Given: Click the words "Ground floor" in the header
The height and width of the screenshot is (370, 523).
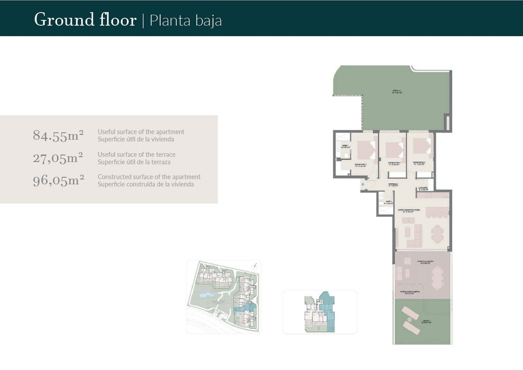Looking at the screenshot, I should point(85,20).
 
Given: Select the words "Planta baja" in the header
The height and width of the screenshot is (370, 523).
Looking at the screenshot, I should point(186,21).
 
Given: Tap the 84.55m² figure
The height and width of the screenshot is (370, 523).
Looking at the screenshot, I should point(58,136).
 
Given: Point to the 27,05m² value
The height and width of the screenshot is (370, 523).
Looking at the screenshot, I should point(58,158).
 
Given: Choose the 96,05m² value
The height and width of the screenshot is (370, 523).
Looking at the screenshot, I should point(58,180).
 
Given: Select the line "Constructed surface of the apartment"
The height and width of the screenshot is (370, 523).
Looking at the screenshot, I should point(149,177).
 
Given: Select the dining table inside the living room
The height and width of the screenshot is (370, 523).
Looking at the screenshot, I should point(436,233).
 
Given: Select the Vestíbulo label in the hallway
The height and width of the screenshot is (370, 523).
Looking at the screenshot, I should point(394,185).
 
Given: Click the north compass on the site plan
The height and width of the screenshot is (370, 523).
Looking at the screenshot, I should point(254,265).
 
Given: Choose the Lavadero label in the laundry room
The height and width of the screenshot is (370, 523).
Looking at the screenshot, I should point(424,189).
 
